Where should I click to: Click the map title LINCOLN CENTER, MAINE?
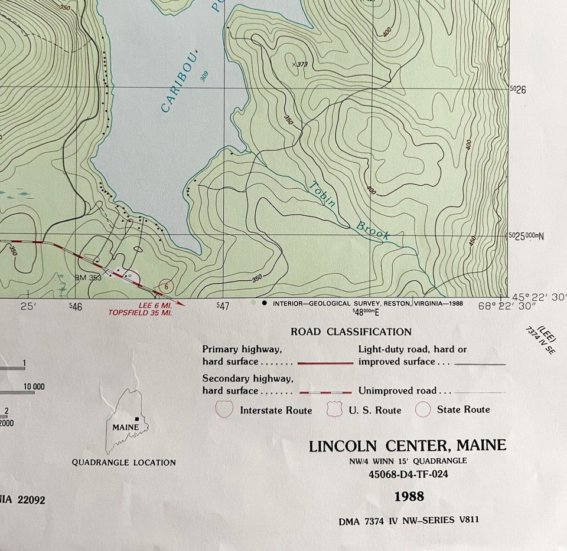408,445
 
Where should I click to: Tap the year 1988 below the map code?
409,497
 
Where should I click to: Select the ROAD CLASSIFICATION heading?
351,332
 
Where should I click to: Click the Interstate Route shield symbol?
225,409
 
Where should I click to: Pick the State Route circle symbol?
423,409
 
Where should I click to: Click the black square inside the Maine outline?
137,419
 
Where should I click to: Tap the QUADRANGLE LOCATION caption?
124,463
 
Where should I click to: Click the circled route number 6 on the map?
167,287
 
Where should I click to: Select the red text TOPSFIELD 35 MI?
140,313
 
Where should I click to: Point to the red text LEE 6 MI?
155,305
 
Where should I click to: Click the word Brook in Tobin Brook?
372,230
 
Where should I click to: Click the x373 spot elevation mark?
295,63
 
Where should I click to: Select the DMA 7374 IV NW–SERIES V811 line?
409,520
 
